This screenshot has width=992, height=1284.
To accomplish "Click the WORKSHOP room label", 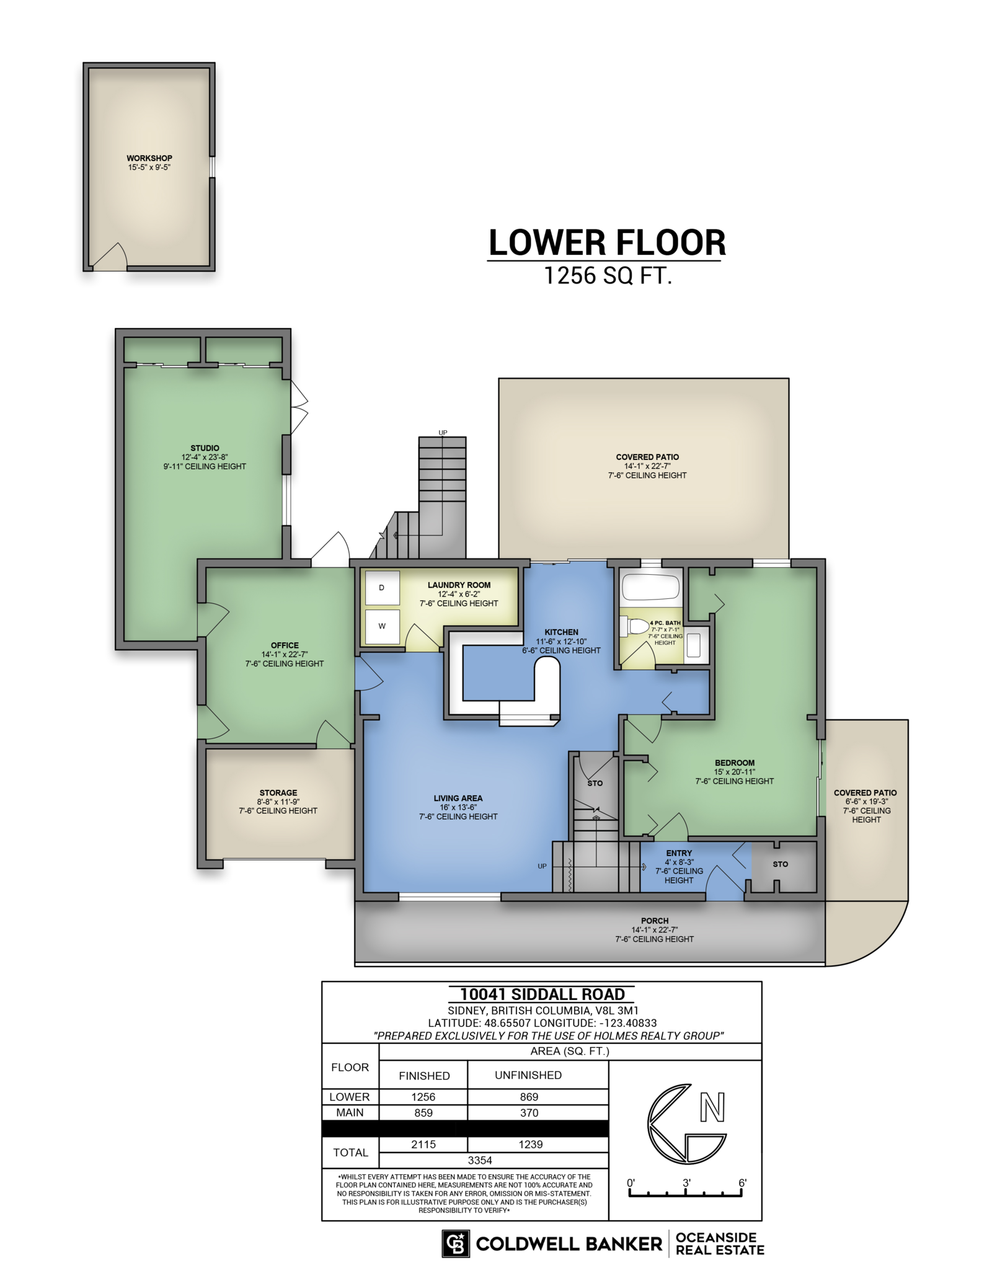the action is [149, 158].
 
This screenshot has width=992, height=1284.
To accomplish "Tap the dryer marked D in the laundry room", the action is [382, 587].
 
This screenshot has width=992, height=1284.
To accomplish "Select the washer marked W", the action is [382, 626].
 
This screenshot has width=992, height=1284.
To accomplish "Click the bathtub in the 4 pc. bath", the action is [650, 587].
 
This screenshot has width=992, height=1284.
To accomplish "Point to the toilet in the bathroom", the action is [634, 626].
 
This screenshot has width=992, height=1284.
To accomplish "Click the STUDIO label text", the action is [205, 448].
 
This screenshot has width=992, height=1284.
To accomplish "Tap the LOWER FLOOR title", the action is [607, 242].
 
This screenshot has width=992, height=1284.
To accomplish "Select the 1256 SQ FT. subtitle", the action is [608, 275].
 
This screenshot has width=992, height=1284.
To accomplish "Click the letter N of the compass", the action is [712, 1107].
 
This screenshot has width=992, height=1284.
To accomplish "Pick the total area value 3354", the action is [480, 1160].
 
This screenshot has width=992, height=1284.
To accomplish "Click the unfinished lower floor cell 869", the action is [529, 1097].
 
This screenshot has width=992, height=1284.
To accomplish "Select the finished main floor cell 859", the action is [423, 1113].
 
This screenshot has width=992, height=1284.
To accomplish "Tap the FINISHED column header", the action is [424, 1076].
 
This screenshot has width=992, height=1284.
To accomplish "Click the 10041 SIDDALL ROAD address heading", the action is [542, 994].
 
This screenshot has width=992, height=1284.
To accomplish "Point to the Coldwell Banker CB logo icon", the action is [456, 1244].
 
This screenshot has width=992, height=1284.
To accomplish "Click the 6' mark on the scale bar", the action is [742, 1183].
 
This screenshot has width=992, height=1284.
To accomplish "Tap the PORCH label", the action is [655, 921].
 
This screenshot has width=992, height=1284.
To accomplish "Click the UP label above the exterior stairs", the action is [443, 433].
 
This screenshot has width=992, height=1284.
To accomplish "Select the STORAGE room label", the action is [278, 792].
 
